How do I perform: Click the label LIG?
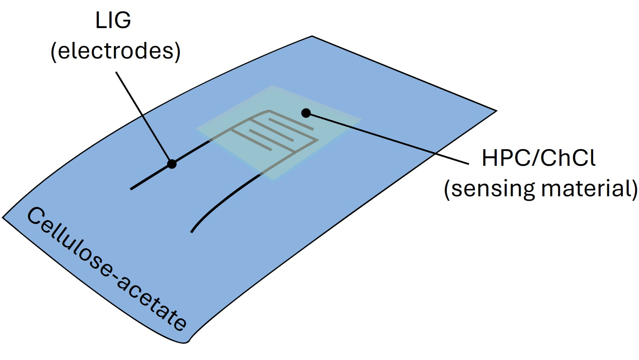[113, 20]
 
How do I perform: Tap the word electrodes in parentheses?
[116, 51]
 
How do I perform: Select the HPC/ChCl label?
[538, 158]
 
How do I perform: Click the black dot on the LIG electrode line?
[172, 164]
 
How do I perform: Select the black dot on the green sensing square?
[306, 113]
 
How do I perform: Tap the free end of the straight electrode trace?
[132, 189]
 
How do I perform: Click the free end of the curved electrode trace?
[192, 232]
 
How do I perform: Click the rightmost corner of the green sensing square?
[361, 120]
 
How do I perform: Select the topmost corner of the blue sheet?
[312, 36]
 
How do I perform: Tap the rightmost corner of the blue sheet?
[496, 111]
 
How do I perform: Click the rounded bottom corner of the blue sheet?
[185, 342]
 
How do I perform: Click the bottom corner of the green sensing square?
[274, 179]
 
